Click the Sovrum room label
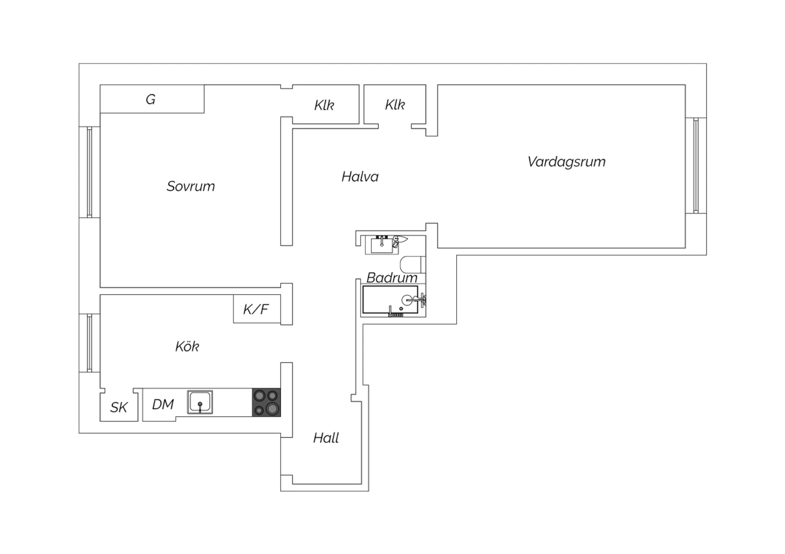coord(190,186)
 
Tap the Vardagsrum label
coord(567,162)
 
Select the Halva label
coord(360,177)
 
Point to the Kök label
coord(187,347)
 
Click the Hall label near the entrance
coord(326,438)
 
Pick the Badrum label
coord(392,278)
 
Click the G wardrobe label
coord(151,99)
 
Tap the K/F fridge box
coord(257,309)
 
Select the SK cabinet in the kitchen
coord(119,407)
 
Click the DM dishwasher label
coord(163,405)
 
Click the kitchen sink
coord(200,402)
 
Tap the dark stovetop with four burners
coord(266,402)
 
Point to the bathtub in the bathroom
coord(390,299)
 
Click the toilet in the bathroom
coord(413,264)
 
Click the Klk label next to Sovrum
coord(324,105)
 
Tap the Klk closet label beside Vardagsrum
coord(395,105)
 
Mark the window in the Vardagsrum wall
coord(696,165)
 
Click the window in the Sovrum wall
coord(89,172)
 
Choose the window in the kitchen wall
coord(89,343)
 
